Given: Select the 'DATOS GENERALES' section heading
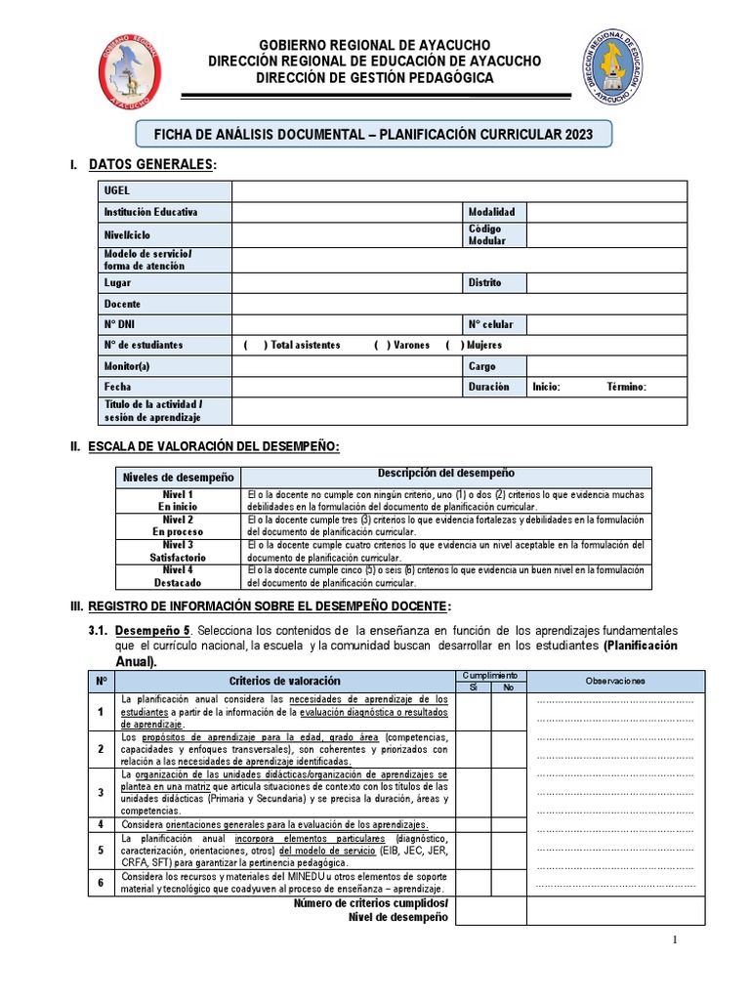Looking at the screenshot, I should [x=150, y=165].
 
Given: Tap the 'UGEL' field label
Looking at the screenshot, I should [x=116, y=190].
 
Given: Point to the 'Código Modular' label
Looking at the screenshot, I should [x=487, y=234].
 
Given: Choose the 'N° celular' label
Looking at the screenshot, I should [x=490, y=324].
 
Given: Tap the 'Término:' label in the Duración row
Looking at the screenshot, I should [x=626, y=387].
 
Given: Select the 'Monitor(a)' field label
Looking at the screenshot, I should [x=129, y=366].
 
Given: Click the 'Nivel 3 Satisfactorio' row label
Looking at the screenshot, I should [x=177, y=551].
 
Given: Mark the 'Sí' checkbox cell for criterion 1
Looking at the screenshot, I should [x=473, y=712].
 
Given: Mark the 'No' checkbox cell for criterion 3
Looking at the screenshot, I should [x=508, y=791].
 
